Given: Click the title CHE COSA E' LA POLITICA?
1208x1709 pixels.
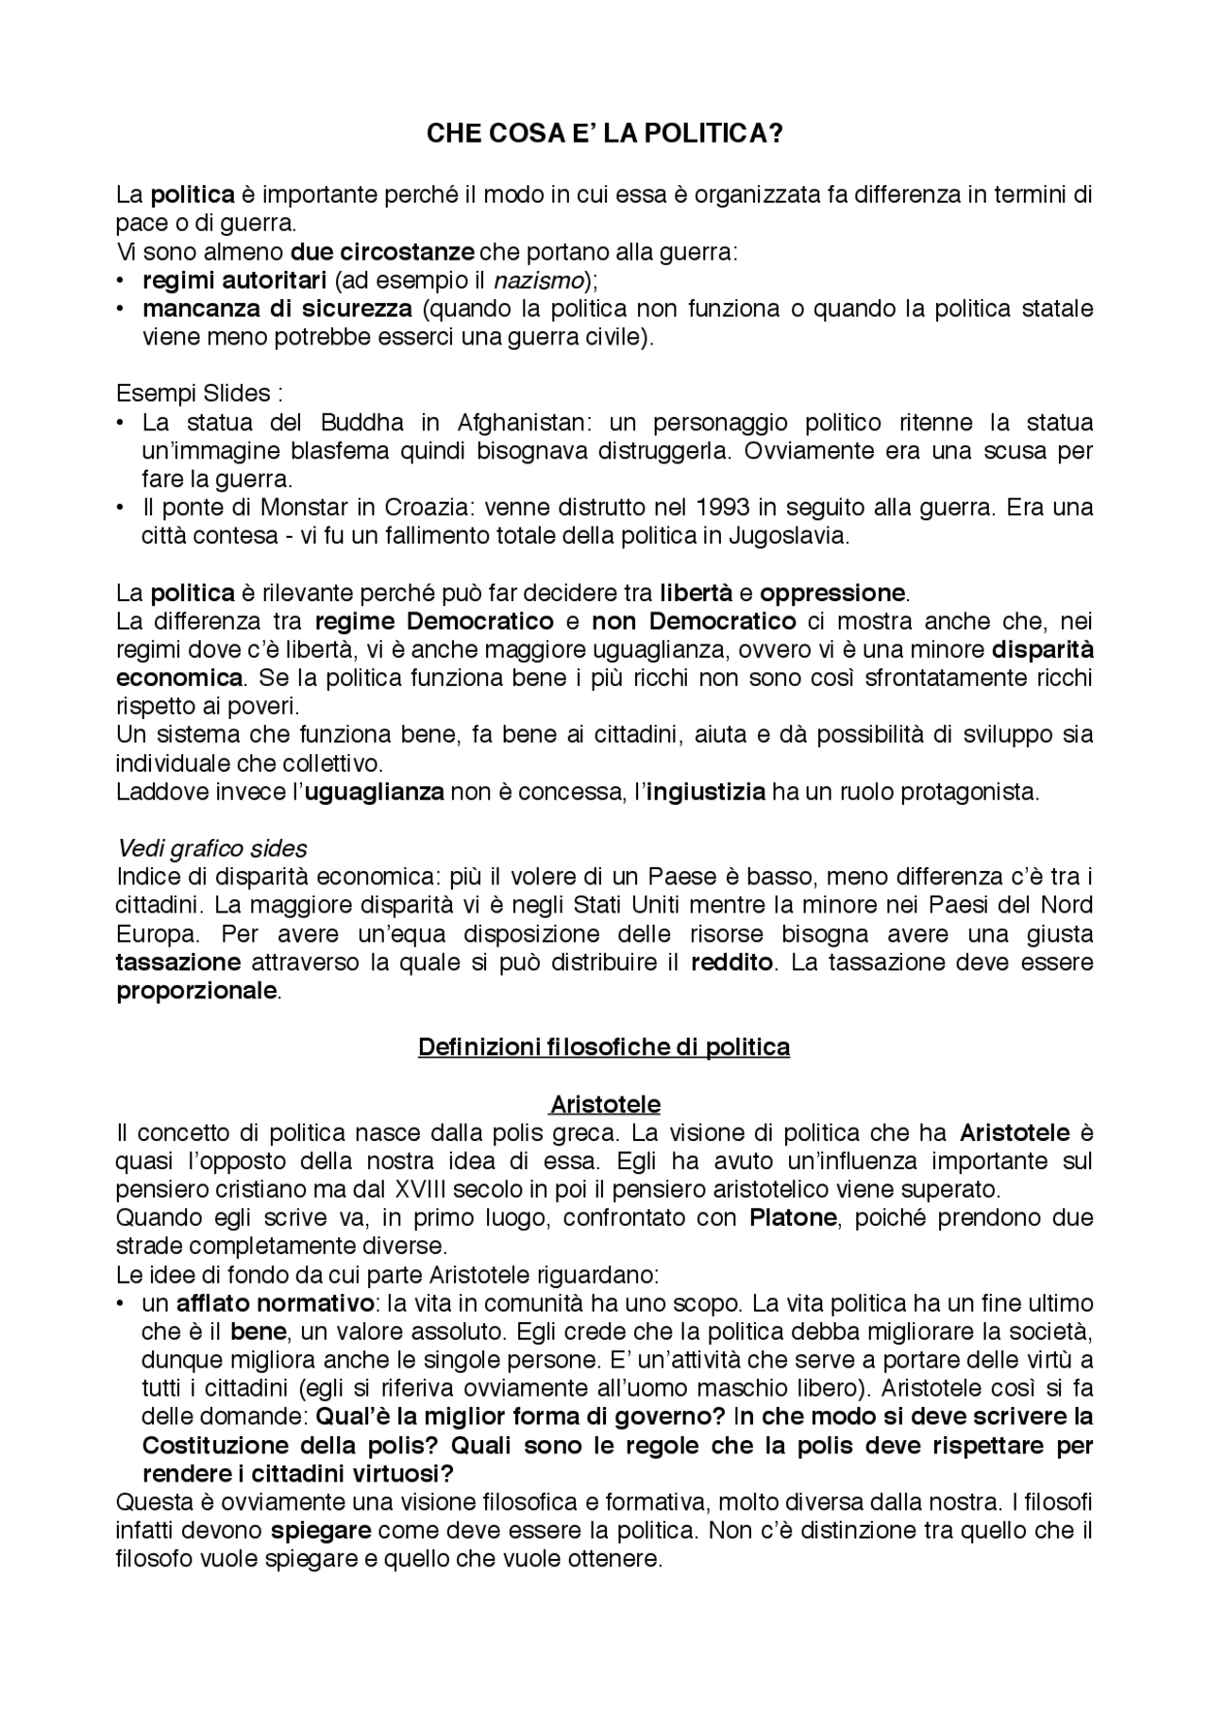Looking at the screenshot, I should [604, 134].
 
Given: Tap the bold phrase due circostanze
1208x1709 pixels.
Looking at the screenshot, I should [381, 252].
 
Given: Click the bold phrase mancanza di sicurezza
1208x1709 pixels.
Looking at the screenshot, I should [277, 309].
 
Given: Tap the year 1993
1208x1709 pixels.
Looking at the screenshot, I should [723, 508].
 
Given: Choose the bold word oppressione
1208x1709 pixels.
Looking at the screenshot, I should [831, 594].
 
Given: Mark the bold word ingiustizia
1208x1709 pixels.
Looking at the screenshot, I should [706, 792].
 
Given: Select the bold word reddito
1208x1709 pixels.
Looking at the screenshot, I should [731, 963].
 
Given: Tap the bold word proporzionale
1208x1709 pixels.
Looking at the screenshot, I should [197, 992].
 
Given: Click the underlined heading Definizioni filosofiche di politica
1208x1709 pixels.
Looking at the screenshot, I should [604, 1047].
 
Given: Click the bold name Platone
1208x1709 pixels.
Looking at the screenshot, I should [793, 1218].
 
